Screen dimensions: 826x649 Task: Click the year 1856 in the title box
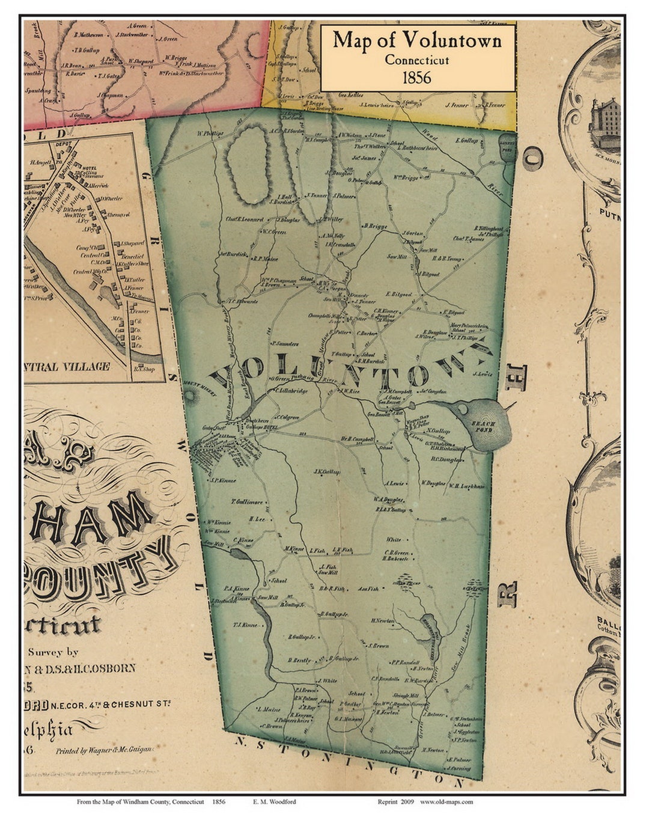[417, 78]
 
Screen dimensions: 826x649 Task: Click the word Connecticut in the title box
[417, 60]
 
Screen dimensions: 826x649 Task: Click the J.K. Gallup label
[327, 472]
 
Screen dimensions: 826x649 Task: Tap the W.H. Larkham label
[466, 486]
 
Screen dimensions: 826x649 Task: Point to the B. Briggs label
[375, 226]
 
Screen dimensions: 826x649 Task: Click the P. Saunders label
[285, 344]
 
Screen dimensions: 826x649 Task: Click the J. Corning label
[459, 768]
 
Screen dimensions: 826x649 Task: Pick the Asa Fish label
[368, 589]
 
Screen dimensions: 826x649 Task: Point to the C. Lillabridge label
[291, 391]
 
